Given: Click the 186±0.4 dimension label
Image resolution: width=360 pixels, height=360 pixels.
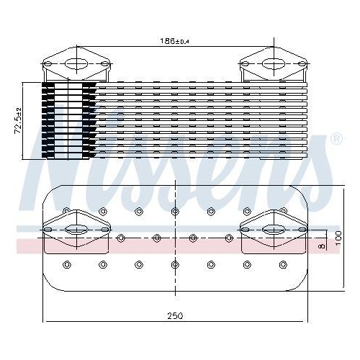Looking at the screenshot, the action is pos(175,41).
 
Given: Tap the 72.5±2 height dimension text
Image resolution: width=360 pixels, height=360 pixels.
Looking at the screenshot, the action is pos(18,121).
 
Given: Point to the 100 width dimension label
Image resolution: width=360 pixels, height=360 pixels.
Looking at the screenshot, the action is pos(338,238).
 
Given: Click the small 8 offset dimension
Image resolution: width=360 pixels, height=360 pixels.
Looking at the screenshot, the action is pos(322,246).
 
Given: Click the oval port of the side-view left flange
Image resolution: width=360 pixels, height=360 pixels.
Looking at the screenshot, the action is pos(76,64).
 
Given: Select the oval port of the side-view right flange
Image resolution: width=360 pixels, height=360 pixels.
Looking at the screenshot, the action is pos(274,64).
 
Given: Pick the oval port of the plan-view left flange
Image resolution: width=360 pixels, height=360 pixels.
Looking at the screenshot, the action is pos(76,230).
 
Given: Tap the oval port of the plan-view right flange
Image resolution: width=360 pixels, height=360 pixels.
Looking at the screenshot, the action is pos(274,230).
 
